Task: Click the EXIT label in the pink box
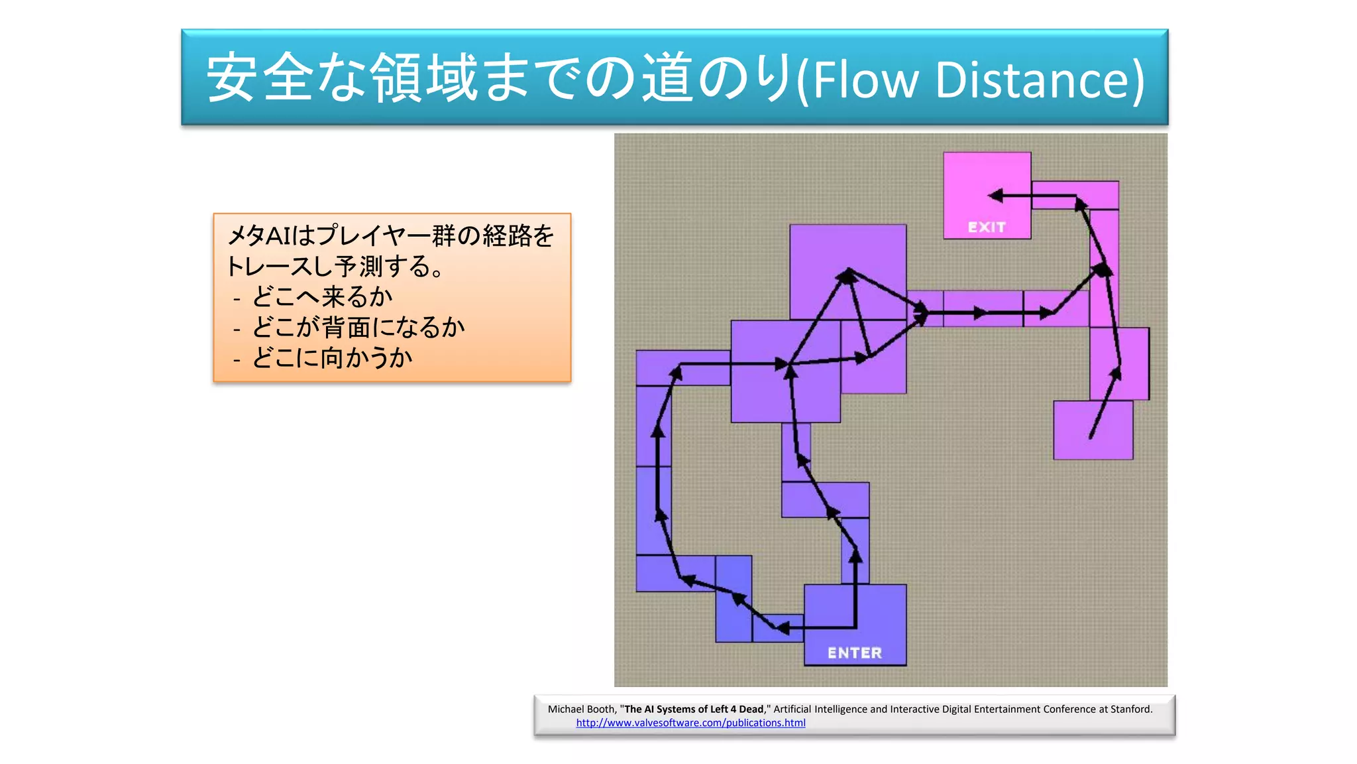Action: click(x=987, y=227)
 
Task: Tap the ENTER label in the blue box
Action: click(x=855, y=653)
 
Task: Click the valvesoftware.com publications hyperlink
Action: click(x=690, y=723)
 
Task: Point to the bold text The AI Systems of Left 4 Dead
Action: click(x=694, y=709)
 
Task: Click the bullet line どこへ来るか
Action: click(x=322, y=296)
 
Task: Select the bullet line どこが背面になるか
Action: click(x=358, y=327)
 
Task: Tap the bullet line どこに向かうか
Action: click(x=332, y=357)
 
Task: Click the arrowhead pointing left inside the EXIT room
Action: click(x=995, y=196)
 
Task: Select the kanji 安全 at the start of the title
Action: click(x=260, y=78)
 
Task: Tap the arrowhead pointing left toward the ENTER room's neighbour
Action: click(x=782, y=627)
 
